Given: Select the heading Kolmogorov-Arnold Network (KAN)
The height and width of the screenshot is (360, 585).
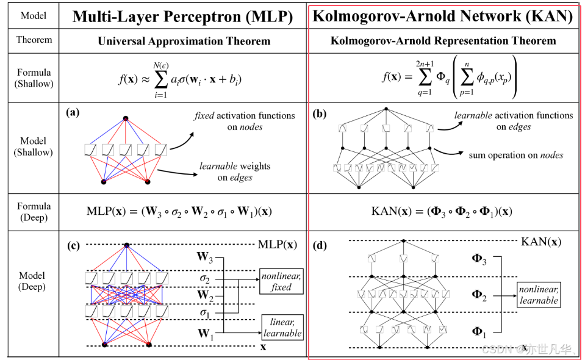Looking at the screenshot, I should click(443, 16).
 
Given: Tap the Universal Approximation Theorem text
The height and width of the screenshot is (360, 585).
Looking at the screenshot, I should click(184, 41).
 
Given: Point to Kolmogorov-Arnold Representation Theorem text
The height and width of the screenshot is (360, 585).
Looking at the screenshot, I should click(443, 41).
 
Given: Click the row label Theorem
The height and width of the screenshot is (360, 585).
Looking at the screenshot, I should click(34, 40).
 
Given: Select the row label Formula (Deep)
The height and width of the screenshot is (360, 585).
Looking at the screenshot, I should click(34, 212).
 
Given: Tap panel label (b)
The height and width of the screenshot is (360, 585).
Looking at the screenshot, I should click(319, 113).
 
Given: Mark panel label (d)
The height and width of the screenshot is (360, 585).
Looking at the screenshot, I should click(319, 247).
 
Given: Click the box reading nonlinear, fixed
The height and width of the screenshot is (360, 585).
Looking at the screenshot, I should click(281, 281).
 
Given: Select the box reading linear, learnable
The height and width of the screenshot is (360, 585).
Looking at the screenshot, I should click(282, 328).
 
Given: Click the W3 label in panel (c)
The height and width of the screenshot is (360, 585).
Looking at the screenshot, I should click(205, 256).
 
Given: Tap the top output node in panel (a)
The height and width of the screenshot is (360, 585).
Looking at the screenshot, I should click(126, 117).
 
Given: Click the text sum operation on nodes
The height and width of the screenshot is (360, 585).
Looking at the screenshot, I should click(515, 156).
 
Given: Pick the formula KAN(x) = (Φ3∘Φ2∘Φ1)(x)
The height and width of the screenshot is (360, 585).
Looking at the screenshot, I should click(442, 212).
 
